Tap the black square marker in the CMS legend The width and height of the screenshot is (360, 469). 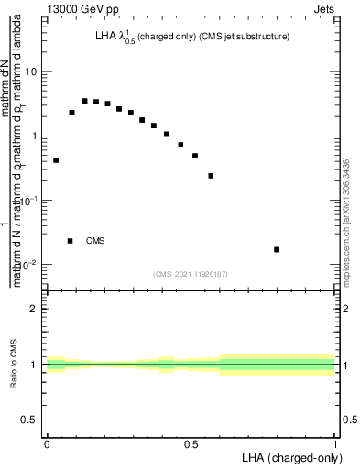click(71, 241)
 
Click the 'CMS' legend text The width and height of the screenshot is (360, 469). click(95, 241)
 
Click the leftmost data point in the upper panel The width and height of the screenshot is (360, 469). click(56, 160)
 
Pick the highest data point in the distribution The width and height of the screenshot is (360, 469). click(84, 101)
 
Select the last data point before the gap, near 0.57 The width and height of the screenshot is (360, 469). click(211, 176)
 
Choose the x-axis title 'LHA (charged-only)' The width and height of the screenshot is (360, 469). click(293, 457)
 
